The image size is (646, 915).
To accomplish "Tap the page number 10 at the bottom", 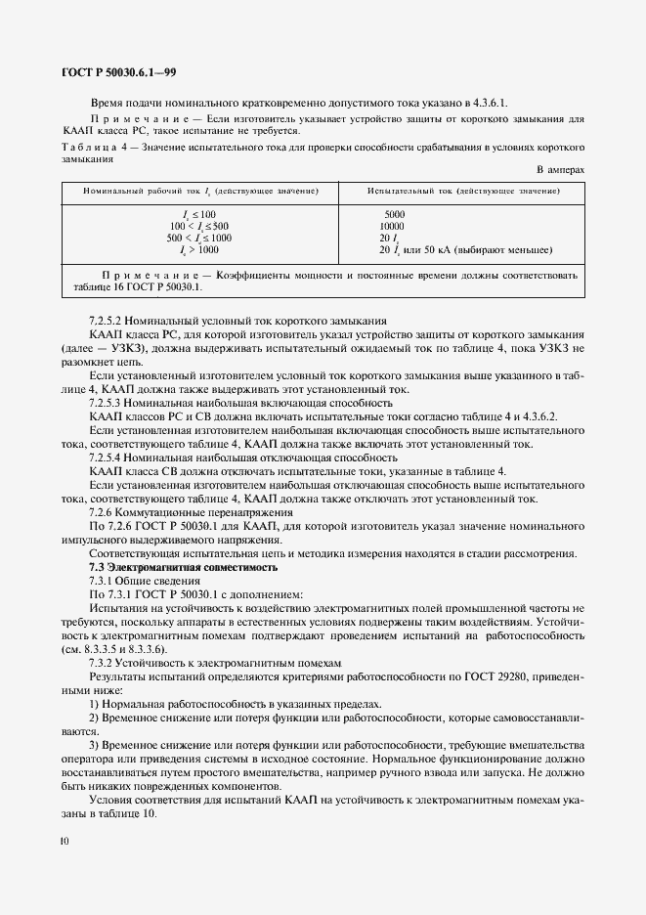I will click(65, 840).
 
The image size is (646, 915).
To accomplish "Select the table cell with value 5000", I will click(394, 212).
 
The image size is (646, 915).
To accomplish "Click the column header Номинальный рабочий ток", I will click(199, 188).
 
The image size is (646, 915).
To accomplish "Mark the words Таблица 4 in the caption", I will click(96, 147).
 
